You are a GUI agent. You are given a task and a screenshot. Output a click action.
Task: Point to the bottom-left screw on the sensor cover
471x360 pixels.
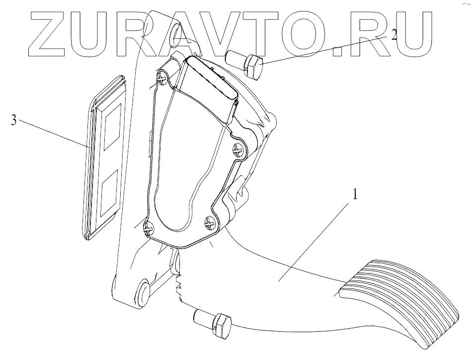click(x=148, y=228)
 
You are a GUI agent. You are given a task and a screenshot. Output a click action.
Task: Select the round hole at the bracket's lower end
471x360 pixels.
click(x=143, y=293)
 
